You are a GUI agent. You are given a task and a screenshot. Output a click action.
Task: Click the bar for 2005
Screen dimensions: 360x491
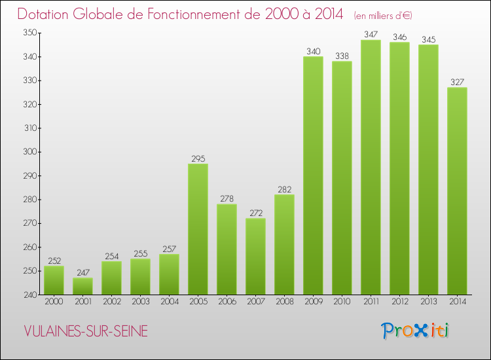click(198, 229)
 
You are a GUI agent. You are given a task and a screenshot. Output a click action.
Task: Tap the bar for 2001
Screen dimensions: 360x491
click(82, 286)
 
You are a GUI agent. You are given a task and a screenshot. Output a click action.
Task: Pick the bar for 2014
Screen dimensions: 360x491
click(457, 190)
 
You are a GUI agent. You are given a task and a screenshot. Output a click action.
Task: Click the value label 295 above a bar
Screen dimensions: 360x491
click(198, 158)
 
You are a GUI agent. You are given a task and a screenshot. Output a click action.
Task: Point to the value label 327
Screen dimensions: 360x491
click(457, 82)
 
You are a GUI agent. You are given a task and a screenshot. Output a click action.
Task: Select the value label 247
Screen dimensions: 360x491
click(82, 272)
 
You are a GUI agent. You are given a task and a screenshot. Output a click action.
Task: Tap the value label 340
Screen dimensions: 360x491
click(313, 51)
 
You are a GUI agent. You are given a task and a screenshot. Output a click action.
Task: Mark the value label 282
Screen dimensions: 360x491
click(284, 189)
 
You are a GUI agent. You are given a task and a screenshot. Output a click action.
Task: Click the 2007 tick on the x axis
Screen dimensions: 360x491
click(255, 302)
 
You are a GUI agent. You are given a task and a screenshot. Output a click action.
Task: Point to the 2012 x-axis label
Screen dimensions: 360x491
click(399, 302)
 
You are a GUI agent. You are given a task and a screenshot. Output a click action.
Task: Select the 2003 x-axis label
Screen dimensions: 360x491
click(140, 302)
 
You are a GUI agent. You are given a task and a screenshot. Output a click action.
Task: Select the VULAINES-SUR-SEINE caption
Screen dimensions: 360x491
click(86, 332)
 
